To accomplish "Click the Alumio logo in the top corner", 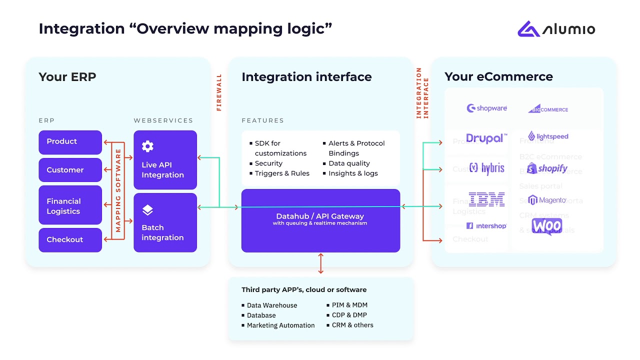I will [x=556, y=29].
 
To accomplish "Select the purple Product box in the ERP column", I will [x=70, y=142].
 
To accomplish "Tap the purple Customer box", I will [x=70, y=170].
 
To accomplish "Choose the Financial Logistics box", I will [x=70, y=205].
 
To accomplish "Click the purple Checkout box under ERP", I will [x=70, y=240].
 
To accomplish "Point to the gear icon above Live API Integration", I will [x=147, y=146].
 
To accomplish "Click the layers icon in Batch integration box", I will [x=147, y=210].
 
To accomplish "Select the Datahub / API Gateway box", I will [x=320, y=220].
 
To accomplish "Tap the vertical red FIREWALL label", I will [x=219, y=92].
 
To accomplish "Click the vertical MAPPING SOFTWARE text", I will [x=118, y=190].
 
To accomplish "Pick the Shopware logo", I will [x=486, y=108].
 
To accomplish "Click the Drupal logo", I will [x=486, y=138].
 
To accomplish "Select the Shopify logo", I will [x=547, y=168].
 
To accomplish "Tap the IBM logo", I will [x=486, y=199].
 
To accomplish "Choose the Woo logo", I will [x=547, y=226].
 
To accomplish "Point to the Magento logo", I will [x=547, y=200].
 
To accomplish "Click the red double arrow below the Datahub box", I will [x=320, y=263].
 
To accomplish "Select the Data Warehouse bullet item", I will [x=271, y=305].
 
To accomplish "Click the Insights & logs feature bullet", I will [x=353, y=173].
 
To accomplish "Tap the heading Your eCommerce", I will [x=498, y=77].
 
